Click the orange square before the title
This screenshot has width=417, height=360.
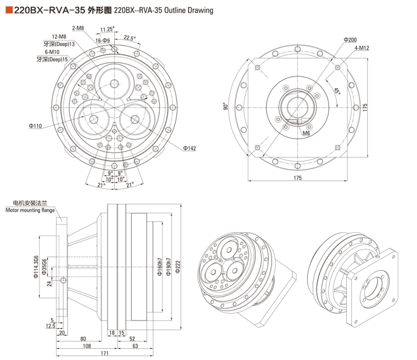point(9,10)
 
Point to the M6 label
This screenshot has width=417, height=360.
point(306,133)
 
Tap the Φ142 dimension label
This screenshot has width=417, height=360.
point(189,148)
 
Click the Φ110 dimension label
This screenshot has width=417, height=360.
point(35,126)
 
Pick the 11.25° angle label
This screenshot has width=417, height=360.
point(107,29)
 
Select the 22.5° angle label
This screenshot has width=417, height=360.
point(129,38)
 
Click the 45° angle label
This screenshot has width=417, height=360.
point(337,91)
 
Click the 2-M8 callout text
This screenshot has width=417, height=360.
point(78,28)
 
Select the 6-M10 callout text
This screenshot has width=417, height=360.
point(53,52)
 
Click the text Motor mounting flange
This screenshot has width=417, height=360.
point(30,210)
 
